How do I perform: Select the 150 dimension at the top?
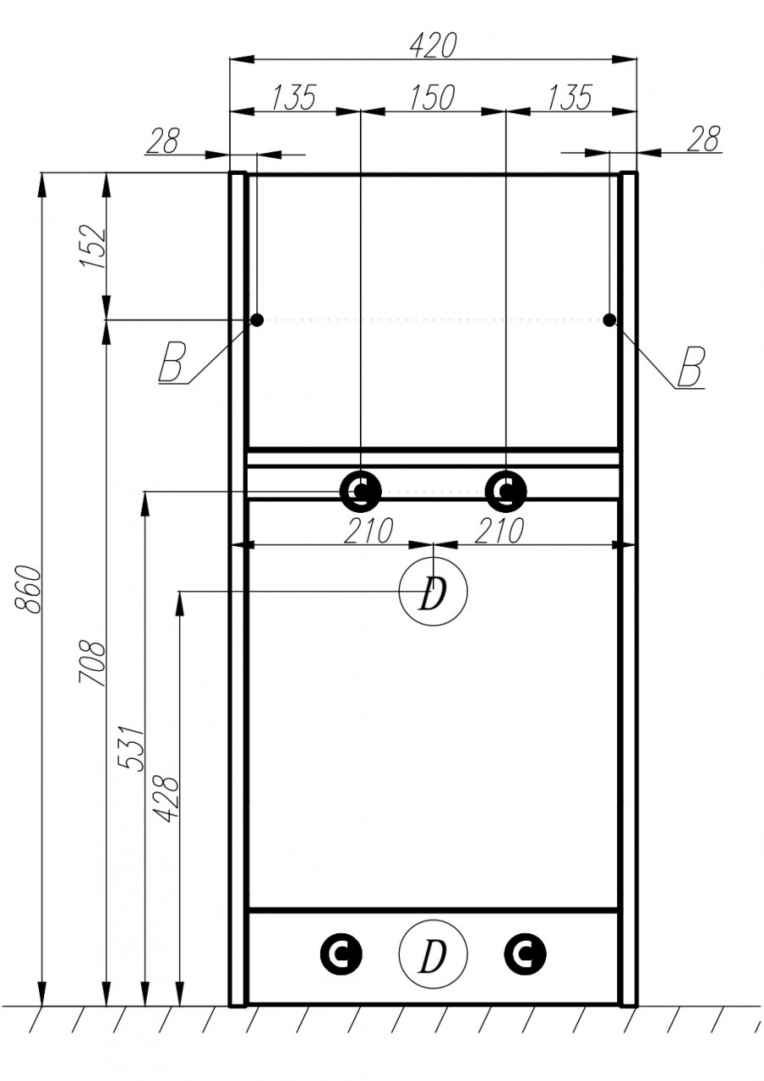[433, 98]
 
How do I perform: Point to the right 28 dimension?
[703, 138]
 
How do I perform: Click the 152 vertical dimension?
[93, 247]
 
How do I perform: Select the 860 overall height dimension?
[27, 588]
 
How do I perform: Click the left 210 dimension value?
[368, 532]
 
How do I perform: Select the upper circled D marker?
[433, 594]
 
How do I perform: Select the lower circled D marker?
[433, 955]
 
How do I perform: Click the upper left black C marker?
[361, 490]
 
